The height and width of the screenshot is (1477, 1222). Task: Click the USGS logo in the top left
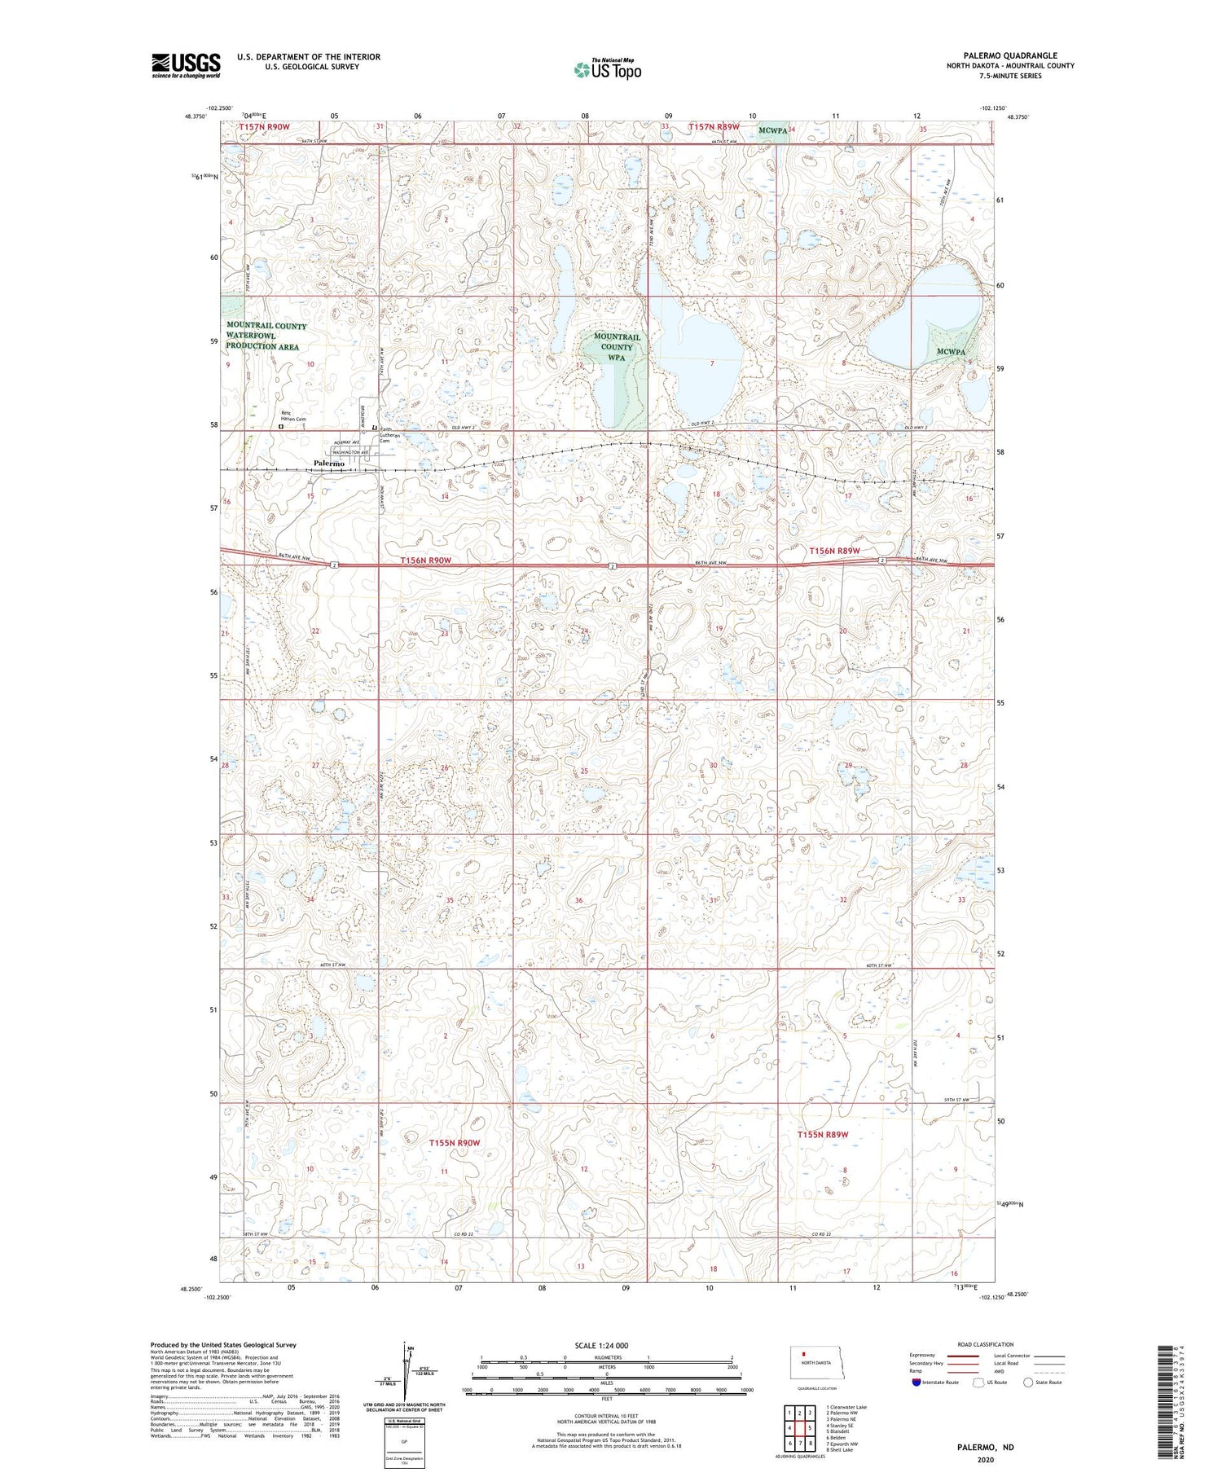(x=186, y=65)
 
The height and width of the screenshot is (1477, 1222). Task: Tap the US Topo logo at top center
(x=607, y=69)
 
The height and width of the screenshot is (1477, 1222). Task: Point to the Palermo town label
(x=329, y=464)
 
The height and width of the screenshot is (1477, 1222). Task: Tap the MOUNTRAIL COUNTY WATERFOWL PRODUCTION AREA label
(x=266, y=336)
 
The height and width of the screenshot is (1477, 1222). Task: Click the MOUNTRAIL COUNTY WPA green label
(x=617, y=347)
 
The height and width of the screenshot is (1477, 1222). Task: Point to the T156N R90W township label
(x=426, y=561)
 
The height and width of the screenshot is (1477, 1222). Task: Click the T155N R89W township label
(x=823, y=1135)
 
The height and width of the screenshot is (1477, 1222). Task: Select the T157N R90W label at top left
(x=264, y=127)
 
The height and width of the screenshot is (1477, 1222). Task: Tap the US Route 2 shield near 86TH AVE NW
(x=334, y=565)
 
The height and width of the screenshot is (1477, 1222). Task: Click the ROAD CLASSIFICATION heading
(x=985, y=1344)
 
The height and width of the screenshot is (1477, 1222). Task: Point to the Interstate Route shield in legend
(x=916, y=1382)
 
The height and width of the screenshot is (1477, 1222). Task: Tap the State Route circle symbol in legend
(x=1028, y=1382)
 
